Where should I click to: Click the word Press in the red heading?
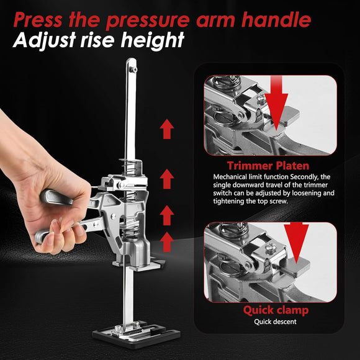pos(38,19)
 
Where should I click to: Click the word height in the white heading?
pos(153,40)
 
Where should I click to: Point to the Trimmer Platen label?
pos(268,166)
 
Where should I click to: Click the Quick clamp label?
pos(276,310)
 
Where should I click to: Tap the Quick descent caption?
pos(275,322)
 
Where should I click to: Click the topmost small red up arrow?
pos(167,129)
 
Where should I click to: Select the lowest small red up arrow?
pos(167,242)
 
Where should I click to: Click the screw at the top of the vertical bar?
pos(133,69)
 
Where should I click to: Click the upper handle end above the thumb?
pos(50,197)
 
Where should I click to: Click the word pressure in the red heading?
pos(148,19)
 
